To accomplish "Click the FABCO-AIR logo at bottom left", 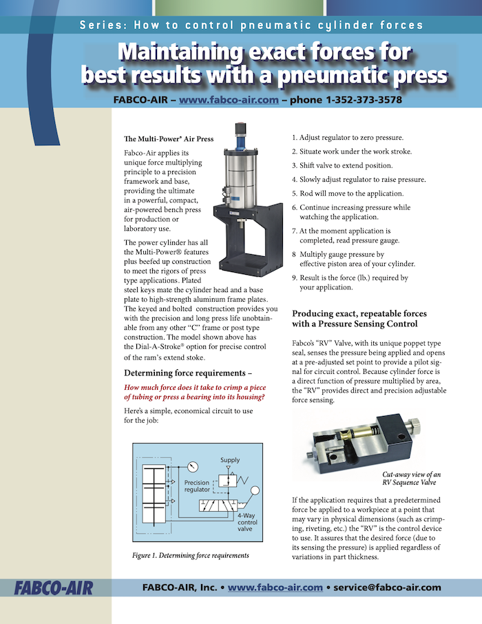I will coord(53,587).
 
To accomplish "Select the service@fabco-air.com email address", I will coord(388,587).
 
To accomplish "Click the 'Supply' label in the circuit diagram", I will coord(230,460).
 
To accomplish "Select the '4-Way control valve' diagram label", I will coord(247,522).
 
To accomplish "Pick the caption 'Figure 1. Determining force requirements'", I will coord(191,555).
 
